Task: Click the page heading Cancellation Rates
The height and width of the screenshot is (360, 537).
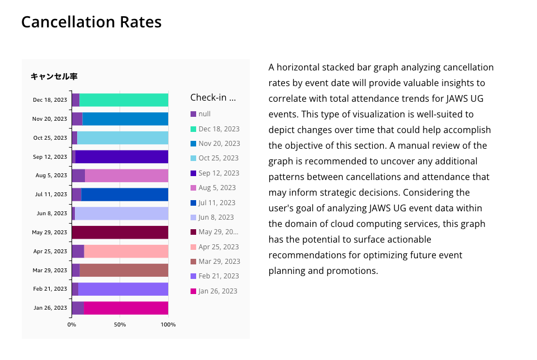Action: [x=91, y=22]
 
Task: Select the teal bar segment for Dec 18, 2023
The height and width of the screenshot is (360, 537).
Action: [x=123, y=100]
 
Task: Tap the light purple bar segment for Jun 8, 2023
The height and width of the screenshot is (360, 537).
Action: [x=121, y=214]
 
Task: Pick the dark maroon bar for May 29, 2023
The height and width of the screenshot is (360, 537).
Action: [x=120, y=233]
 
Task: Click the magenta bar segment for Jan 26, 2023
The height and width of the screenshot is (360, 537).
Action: [x=126, y=308]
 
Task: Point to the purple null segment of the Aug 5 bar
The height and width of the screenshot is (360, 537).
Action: [x=78, y=176]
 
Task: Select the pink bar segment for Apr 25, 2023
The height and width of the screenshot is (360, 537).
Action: [x=126, y=252]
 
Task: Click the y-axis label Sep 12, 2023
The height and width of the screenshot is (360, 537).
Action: [x=50, y=157]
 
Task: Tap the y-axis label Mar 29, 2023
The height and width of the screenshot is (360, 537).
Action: [x=50, y=271]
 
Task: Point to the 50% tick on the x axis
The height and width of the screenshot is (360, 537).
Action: [x=120, y=325]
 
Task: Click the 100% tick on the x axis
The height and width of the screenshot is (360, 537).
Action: [x=168, y=325]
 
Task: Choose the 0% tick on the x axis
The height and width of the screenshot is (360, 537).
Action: [x=72, y=325]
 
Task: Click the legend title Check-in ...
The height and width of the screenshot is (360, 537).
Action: [x=213, y=97]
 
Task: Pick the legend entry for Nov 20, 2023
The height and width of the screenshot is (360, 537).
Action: [x=218, y=144]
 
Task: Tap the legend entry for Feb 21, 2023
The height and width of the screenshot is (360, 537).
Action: [x=218, y=276]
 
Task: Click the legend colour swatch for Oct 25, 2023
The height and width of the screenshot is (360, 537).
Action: [x=193, y=159]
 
